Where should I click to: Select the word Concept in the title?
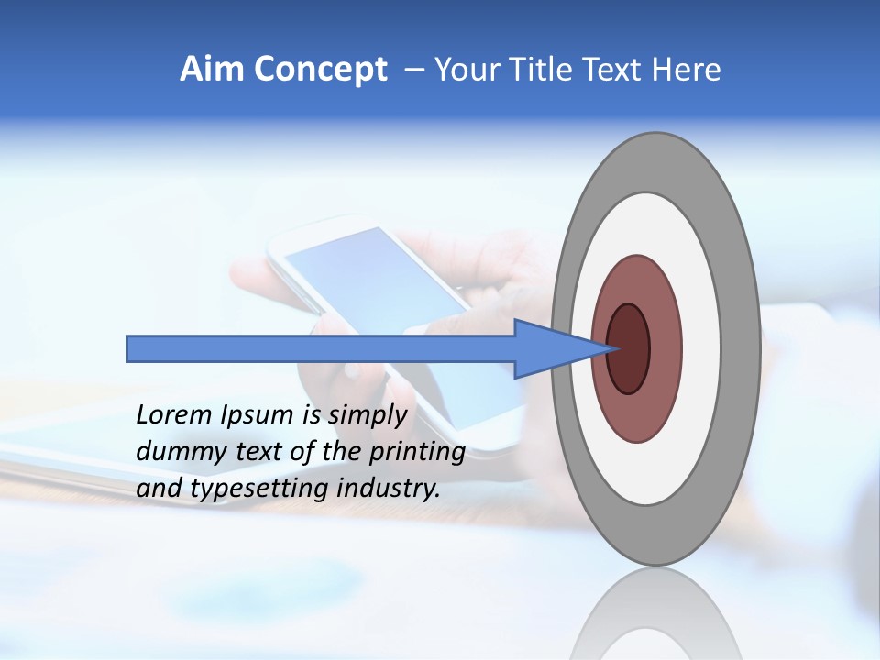click(x=321, y=70)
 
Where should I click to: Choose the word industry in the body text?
click(x=389, y=489)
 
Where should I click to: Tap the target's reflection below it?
click(x=655, y=614)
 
